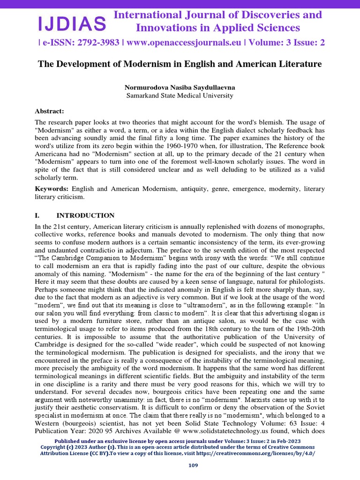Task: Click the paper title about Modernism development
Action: (180, 64)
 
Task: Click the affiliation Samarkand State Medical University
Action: (180, 96)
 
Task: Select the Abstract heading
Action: (49, 111)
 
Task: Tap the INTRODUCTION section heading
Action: (85, 216)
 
